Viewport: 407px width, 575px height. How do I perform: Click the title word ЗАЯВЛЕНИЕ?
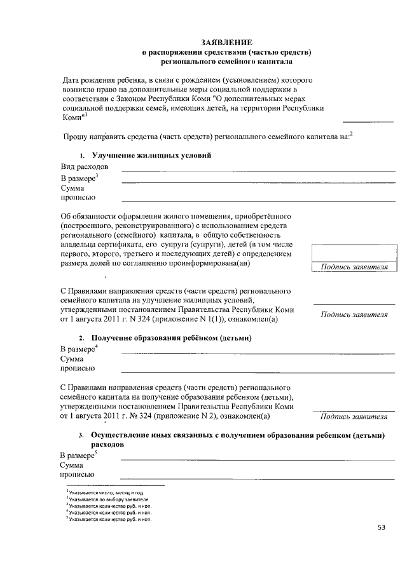226,41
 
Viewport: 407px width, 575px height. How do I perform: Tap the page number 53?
381,527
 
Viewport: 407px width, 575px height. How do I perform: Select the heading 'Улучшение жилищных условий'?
151,156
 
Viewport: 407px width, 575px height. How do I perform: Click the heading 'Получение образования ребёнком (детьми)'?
172,338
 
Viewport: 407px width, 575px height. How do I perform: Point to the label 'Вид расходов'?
84,166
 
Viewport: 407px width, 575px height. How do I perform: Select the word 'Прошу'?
76,137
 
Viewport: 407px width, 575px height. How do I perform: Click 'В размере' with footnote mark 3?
78,179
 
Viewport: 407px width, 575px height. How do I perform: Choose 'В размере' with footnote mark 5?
77,456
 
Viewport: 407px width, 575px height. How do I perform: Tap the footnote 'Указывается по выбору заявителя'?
109,499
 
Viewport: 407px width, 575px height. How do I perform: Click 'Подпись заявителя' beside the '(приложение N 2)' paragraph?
354,417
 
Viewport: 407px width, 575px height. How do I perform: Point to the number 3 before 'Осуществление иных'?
81,436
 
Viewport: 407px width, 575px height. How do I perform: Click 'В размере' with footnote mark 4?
77,349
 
